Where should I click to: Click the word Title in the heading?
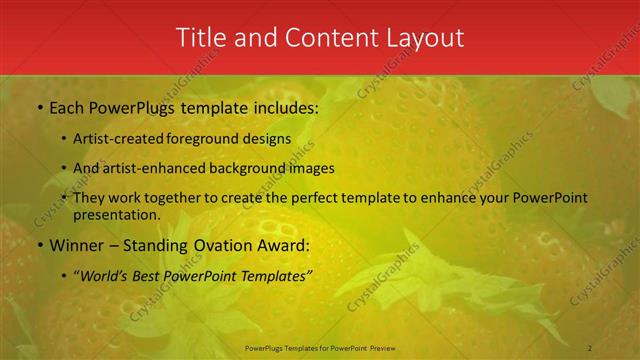(200, 38)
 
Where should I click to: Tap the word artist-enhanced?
(150, 168)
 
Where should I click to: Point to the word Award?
(283, 245)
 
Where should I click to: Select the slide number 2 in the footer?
(590, 347)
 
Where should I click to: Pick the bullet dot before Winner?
(39, 246)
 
